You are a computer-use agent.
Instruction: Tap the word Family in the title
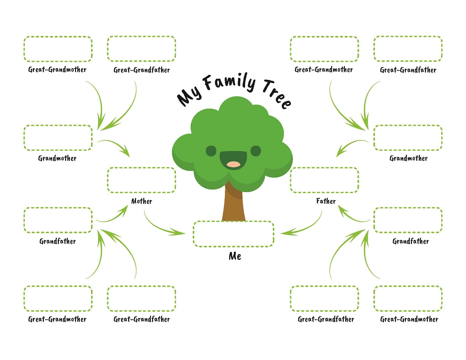coord(229,83)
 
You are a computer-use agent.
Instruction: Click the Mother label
coord(142,201)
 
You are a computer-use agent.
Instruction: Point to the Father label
coord(326,201)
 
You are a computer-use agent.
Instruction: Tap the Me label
coord(235,256)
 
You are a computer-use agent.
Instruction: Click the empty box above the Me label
coord(233,234)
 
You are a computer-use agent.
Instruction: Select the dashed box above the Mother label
coord(142,180)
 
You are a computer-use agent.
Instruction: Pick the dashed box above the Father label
coord(324,180)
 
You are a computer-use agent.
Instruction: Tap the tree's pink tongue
coord(234,164)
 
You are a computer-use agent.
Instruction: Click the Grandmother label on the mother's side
coord(57,158)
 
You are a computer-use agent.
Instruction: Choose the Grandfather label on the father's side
coord(411,241)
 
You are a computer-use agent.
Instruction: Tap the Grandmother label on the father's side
coord(409,158)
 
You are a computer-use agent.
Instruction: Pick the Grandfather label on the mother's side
coord(57,241)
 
